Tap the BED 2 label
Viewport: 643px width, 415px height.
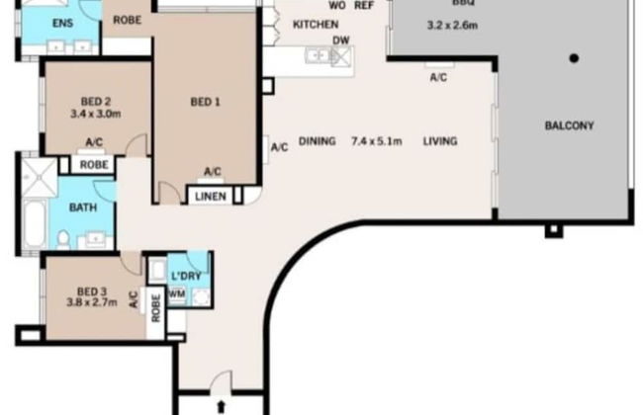pos(95,101)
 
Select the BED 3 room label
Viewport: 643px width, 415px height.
pos(95,291)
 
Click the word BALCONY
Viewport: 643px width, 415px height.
pos(569,125)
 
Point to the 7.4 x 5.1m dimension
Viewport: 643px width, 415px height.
pos(376,141)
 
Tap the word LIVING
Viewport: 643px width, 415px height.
pos(440,141)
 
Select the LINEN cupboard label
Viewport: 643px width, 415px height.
pos(210,197)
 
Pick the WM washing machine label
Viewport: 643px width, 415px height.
pos(177,293)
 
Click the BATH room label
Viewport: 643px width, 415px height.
pos(82,208)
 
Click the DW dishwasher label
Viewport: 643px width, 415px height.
pos(341,40)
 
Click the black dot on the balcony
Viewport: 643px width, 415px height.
pos(573,57)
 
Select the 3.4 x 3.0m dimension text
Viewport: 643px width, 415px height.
pos(95,114)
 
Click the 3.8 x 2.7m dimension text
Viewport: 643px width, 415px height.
pos(95,304)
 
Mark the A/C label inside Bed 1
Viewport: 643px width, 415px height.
pos(212,172)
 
